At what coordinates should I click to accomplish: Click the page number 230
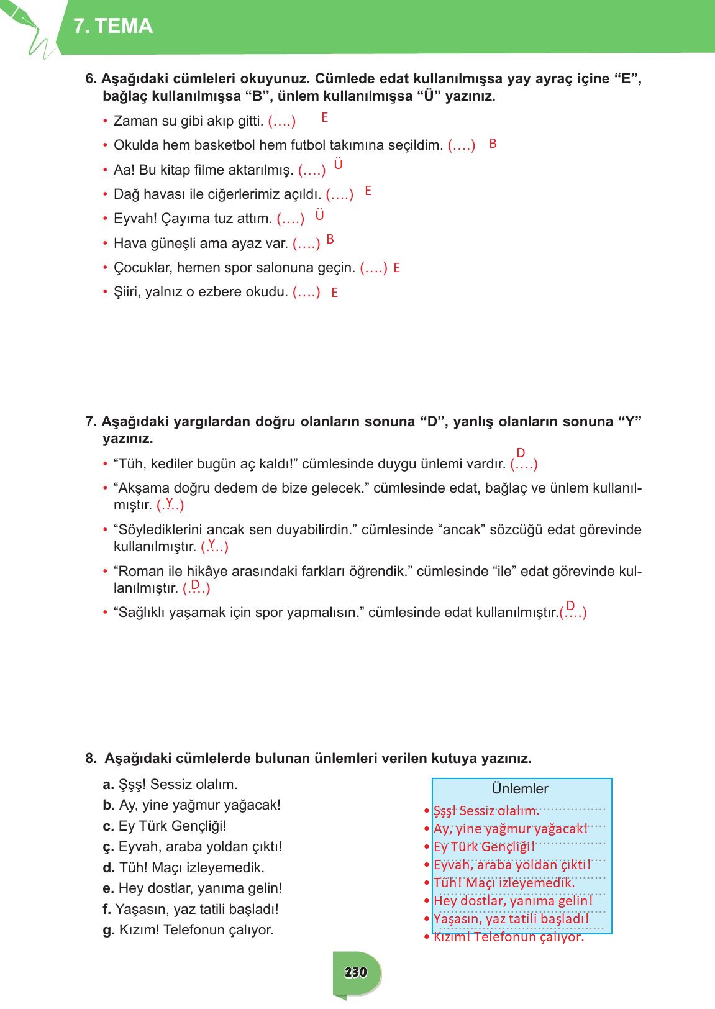[355, 972]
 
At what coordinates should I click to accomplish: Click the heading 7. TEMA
[113, 26]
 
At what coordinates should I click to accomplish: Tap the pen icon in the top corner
[25, 25]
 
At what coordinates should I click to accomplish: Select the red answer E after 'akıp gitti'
[324, 117]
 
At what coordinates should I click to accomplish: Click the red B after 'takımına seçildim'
[493, 144]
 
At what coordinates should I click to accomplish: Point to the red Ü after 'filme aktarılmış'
[338, 165]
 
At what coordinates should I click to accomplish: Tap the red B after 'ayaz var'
[330, 239]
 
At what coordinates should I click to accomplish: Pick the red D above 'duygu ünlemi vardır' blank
[521, 453]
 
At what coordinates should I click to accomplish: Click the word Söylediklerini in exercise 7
[158, 530]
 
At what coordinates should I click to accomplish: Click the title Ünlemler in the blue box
[520, 789]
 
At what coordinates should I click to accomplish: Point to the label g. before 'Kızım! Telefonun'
[108, 930]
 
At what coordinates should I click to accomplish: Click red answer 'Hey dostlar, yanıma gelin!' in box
[513, 901]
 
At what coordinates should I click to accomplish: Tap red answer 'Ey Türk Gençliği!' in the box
[484, 847]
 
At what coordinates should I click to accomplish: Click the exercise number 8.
[91, 759]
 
